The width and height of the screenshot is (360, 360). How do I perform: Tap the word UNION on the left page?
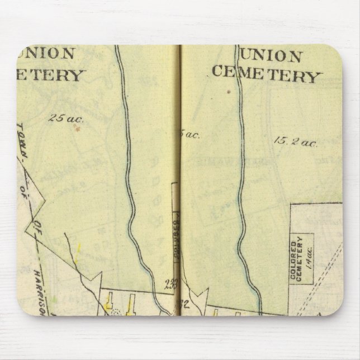click(x=53, y=54)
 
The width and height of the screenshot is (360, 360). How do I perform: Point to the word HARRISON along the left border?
click(x=41, y=285)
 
